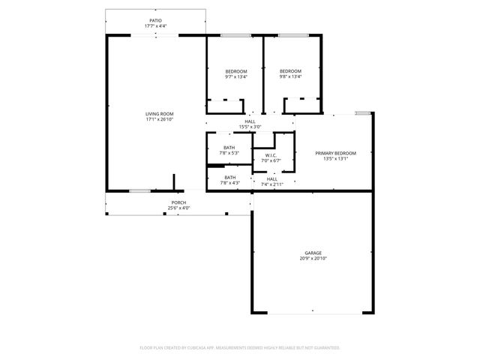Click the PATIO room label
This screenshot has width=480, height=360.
[155, 21]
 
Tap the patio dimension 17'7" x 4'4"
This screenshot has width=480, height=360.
[155, 26]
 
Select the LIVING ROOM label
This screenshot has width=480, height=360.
[159, 114]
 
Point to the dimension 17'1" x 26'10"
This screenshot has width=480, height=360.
[159, 119]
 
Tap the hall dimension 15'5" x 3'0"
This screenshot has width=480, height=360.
[250, 127]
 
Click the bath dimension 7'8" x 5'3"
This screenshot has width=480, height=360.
[229, 153]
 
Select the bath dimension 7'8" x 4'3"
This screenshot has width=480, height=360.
[229, 183]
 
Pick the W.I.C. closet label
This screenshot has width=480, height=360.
[271, 156]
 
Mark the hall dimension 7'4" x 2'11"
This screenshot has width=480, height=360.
[271, 184]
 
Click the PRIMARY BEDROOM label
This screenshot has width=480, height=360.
[335, 153]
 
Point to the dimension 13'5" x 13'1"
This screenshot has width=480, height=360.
[335, 158]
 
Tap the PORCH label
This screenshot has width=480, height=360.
[178, 202]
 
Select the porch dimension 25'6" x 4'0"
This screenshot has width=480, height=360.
[178, 208]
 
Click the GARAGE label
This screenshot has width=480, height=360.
[313, 253]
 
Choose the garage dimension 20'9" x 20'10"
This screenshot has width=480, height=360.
[313, 258]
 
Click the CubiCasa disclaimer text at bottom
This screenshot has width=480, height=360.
[240, 347]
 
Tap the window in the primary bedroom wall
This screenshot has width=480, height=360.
[363, 113]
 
